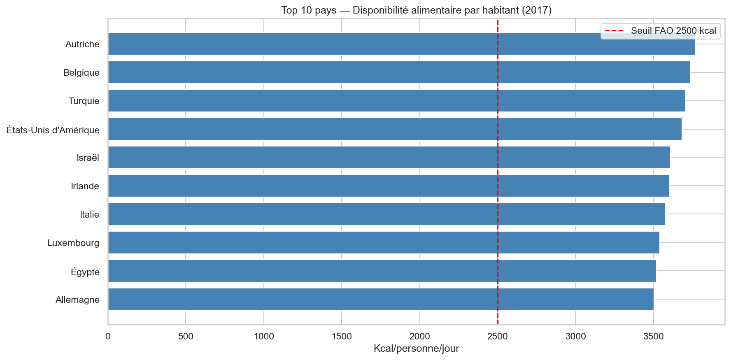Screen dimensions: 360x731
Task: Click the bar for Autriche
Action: pos(401,44)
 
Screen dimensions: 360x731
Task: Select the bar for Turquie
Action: pos(396,101)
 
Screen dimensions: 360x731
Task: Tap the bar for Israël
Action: pos(389,158)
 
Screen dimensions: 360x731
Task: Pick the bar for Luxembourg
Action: pos(384,243)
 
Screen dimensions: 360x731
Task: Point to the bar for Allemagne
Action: pos(381,300)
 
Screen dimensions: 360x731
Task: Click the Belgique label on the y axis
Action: pos(81,73)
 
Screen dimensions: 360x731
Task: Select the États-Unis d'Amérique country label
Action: pos(53,130)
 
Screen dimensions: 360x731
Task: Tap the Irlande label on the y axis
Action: pos(85,186)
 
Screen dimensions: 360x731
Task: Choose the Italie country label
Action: pos(90,215)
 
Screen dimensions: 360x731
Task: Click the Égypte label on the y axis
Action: pos(85,272)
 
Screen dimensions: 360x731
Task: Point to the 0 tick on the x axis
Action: pos(108,337)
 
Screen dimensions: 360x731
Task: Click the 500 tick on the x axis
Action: pos(186,337)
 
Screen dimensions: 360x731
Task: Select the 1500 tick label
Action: pos(342,337)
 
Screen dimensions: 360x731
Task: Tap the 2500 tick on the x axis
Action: pos(498,337)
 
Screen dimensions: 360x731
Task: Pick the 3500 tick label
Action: pos(653,337)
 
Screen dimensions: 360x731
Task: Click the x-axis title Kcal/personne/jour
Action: pos(416,349)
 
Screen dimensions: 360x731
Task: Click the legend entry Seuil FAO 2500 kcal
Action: pos(673,31)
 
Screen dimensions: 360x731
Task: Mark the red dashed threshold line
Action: pos(498,173)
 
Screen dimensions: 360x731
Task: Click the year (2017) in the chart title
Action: pos(537,10)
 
